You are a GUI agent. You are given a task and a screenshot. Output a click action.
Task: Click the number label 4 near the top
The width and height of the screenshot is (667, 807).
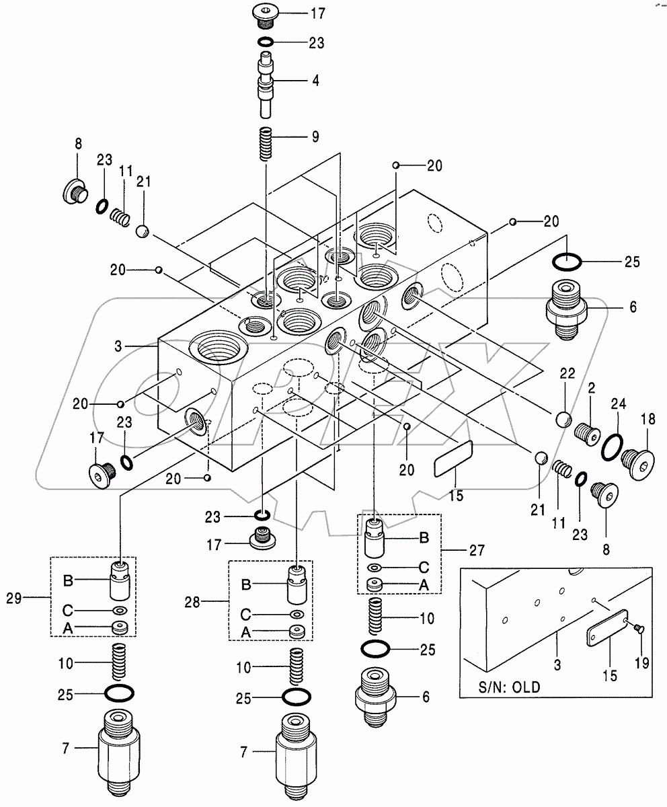coord(315,80)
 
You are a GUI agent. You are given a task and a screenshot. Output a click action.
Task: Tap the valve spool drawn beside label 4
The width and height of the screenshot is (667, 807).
coord(268,87)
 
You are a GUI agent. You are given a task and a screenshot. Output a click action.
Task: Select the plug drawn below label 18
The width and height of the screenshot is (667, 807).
coord(640,464)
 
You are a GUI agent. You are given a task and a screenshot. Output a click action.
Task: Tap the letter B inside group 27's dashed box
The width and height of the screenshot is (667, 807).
coord(424,537)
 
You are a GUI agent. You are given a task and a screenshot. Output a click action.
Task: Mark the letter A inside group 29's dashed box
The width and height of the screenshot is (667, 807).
coord(69,628)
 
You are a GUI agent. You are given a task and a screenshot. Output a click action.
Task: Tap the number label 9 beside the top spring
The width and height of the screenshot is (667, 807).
coord(315,137)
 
